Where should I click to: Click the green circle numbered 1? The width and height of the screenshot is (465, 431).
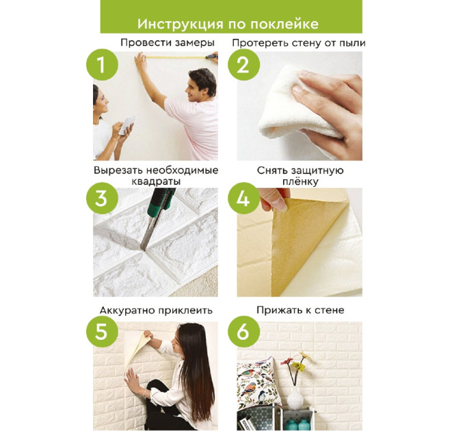[102, 65]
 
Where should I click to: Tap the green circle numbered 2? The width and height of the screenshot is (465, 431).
[243, 65]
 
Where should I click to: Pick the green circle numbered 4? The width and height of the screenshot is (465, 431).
[243, 198]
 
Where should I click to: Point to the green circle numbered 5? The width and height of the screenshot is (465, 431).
[102, 331]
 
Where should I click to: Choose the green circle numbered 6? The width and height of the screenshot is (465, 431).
[243, 331]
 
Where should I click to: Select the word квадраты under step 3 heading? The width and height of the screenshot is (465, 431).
[156, 181]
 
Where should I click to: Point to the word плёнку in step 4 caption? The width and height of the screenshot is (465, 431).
[300, 181]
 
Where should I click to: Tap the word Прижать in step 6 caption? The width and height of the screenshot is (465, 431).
[277, 311]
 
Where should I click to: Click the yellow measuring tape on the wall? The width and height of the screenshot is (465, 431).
[176, 57]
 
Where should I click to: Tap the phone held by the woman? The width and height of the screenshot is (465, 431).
[127, 125]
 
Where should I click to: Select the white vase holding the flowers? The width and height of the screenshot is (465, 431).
[295, 397]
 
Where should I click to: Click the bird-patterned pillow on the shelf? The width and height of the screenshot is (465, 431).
[258, 384]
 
